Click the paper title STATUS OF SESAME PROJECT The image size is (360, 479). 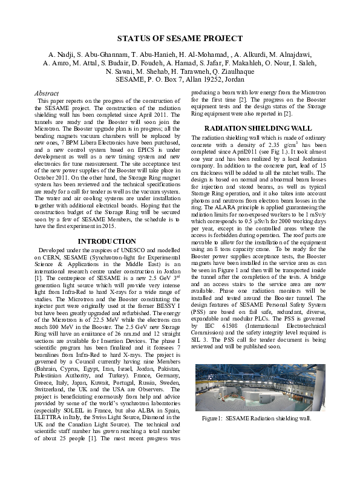pos(180,39)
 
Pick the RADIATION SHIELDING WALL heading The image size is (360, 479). pos(258,128)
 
